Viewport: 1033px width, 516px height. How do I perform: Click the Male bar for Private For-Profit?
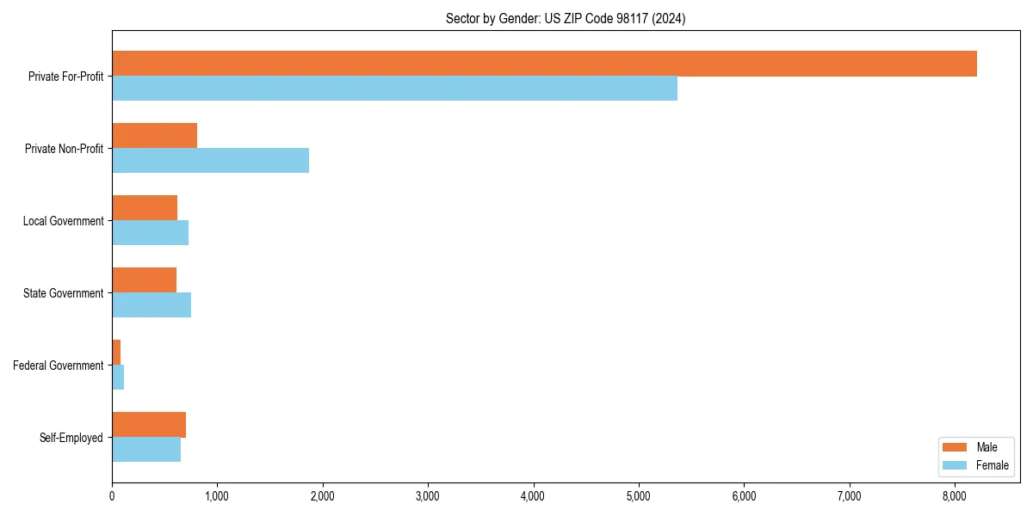[544, 64]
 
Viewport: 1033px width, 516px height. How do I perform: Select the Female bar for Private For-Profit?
[394, 89]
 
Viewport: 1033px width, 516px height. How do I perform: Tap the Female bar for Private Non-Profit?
[210, 161]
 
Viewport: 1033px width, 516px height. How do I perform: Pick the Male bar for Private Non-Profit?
[154, 136]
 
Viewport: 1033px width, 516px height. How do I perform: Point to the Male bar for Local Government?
[145, 208]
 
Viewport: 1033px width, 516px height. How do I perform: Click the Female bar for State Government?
[152, 305]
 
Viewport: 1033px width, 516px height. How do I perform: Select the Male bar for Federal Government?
[116, 353]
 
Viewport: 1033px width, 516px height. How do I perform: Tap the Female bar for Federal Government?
[118, 378]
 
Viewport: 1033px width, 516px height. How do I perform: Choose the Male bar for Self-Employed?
[149, 425]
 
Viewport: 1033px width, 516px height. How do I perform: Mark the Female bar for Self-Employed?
[146, 450]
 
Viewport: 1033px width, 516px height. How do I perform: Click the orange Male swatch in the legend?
[956, 447]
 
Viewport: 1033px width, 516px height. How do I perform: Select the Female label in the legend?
[993, 465]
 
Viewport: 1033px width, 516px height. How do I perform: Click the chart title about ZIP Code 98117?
[566, 18]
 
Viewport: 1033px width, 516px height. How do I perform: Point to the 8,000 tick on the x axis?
[955, 496]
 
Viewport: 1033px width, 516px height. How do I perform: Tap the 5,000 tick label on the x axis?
[639, 496]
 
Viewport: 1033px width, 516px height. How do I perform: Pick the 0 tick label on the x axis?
[112, 496]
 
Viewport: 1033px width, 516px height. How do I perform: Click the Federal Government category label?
[59, 365]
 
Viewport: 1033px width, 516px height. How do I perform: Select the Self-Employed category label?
[71, 438]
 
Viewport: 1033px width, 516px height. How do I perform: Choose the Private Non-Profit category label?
[64, 149]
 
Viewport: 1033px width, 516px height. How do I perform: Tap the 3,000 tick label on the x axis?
[428, 496]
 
